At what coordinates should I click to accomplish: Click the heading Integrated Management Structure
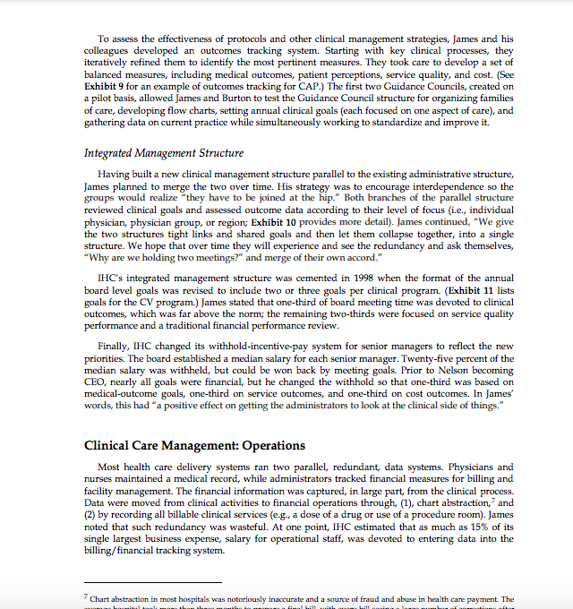(163, 153)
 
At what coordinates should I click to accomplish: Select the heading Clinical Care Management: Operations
(194, 445)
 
